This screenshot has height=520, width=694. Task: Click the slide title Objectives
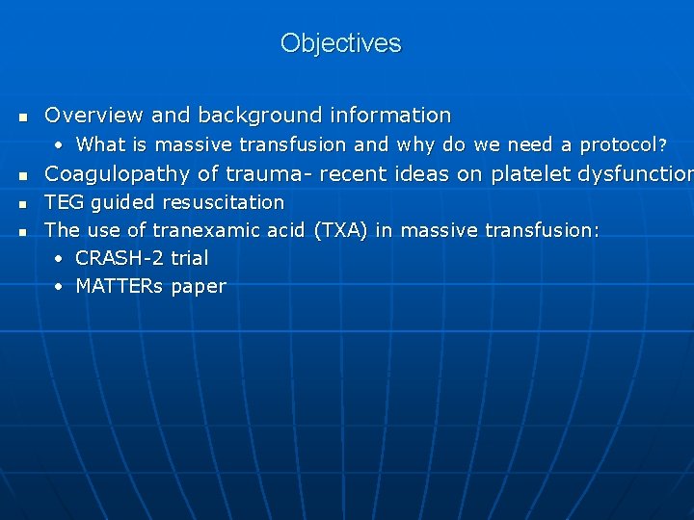click(x=340, y=43)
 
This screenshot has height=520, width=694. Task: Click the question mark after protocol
click(x=661, y=145)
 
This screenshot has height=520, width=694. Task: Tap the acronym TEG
click(x=64, y=202)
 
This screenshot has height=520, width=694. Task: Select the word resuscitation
click(x=224, y=202)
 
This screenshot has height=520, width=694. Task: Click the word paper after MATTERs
click(x=199, y=286)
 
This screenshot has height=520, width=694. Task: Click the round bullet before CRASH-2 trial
click(x=60, y=259)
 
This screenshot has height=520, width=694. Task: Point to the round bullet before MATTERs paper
click(x=60, y=287)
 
